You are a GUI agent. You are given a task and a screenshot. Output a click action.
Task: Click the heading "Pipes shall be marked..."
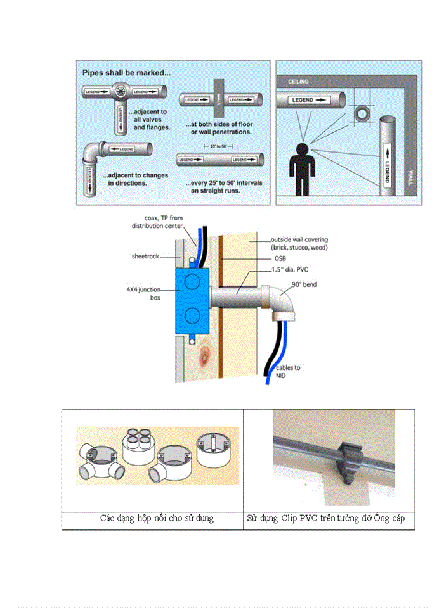coord(126,73)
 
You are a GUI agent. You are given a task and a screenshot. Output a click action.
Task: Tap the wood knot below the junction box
coord(205,351)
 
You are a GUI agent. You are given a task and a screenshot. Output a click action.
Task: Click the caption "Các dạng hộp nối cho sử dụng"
coord(157,519)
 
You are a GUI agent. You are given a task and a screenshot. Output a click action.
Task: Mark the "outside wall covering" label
coord(296,243)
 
